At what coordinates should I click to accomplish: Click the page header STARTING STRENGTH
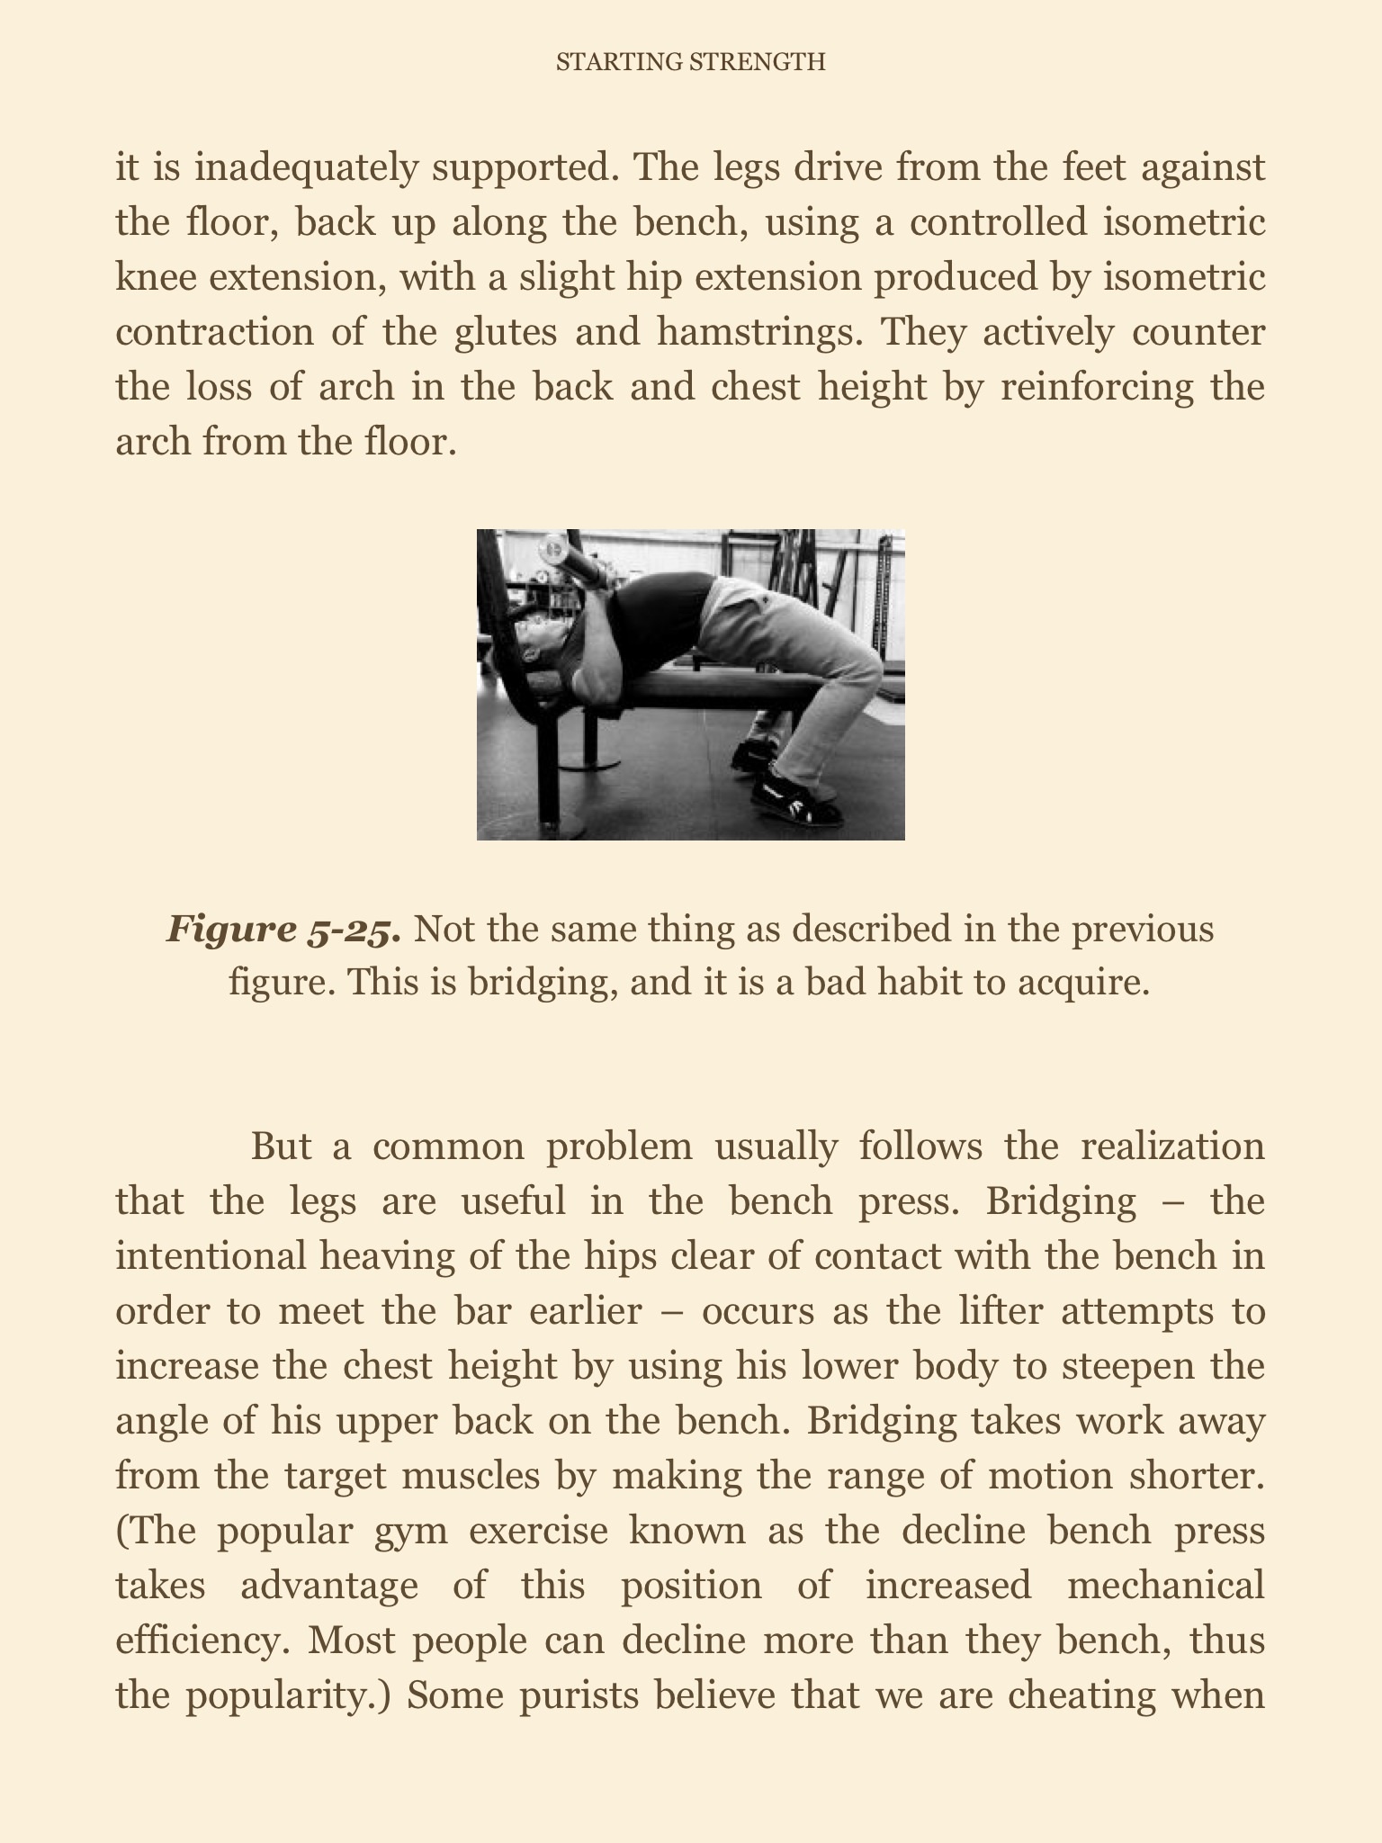tap(690, 62)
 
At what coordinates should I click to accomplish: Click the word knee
tap(153, 277)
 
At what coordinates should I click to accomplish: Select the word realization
tap(1172, 1146)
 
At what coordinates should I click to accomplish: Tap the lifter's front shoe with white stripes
tap(796, 796)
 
